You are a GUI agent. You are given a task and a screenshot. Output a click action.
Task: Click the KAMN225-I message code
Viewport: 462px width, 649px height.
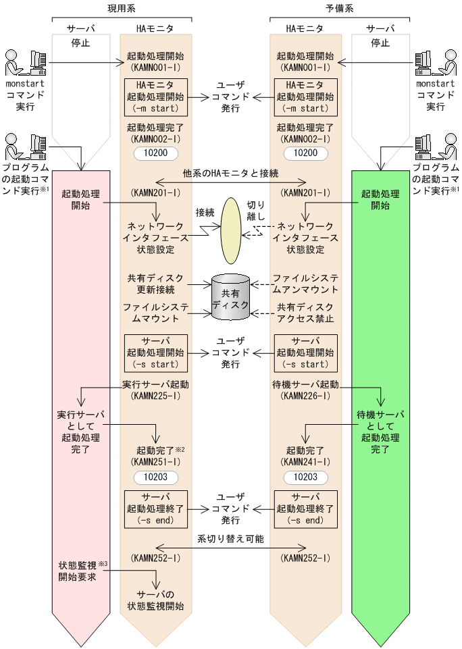[155, 395]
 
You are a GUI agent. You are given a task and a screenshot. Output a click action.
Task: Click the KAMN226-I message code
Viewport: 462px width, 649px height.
[306, 395]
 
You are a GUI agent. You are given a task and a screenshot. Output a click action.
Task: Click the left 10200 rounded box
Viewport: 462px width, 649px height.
[155, 153]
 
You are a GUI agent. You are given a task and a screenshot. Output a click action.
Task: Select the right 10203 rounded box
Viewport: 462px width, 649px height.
[306, 477]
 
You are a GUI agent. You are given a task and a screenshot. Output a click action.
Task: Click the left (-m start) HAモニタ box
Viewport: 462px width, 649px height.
[155, 97]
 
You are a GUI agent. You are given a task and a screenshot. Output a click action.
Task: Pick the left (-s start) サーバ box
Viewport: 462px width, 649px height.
[155, 353]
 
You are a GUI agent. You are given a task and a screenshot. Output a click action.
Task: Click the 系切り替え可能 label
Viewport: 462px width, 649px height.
[230, 539]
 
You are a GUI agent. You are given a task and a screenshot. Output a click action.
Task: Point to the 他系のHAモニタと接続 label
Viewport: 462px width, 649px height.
[230, 173]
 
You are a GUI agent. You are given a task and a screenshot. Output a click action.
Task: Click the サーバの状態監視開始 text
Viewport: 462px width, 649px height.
[155, 600]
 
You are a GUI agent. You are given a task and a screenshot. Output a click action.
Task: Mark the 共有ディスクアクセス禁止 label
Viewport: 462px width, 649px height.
[306, 313]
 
